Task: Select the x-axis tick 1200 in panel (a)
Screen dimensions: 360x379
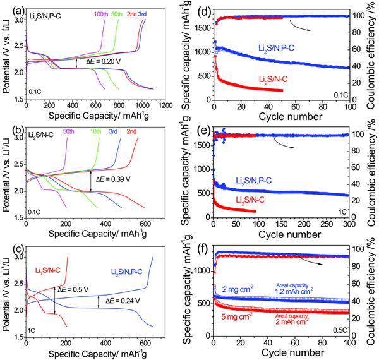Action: pos(165,103)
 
